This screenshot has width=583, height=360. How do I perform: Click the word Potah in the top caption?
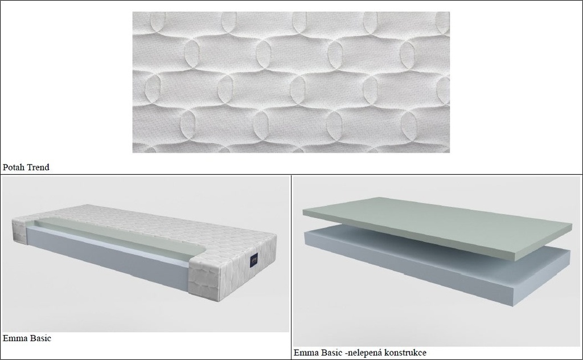pos(13,167)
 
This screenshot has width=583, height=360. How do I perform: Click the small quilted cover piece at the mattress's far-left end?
pos(19,231)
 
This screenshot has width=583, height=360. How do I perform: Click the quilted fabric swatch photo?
pos(291,82)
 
